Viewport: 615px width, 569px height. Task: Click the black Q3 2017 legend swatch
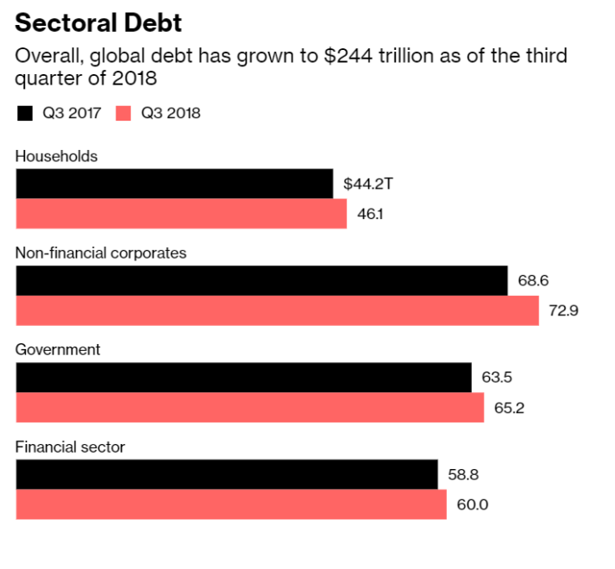click(24, 113)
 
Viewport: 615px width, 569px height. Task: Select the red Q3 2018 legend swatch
click(122, 113)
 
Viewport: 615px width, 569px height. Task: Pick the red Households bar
click(181, 214)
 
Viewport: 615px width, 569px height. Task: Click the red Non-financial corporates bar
click(277, 310)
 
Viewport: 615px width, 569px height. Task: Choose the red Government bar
click(249, 408)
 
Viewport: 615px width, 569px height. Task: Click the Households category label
click(56, 156)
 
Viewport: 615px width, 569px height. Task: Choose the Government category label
click(58, 349)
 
